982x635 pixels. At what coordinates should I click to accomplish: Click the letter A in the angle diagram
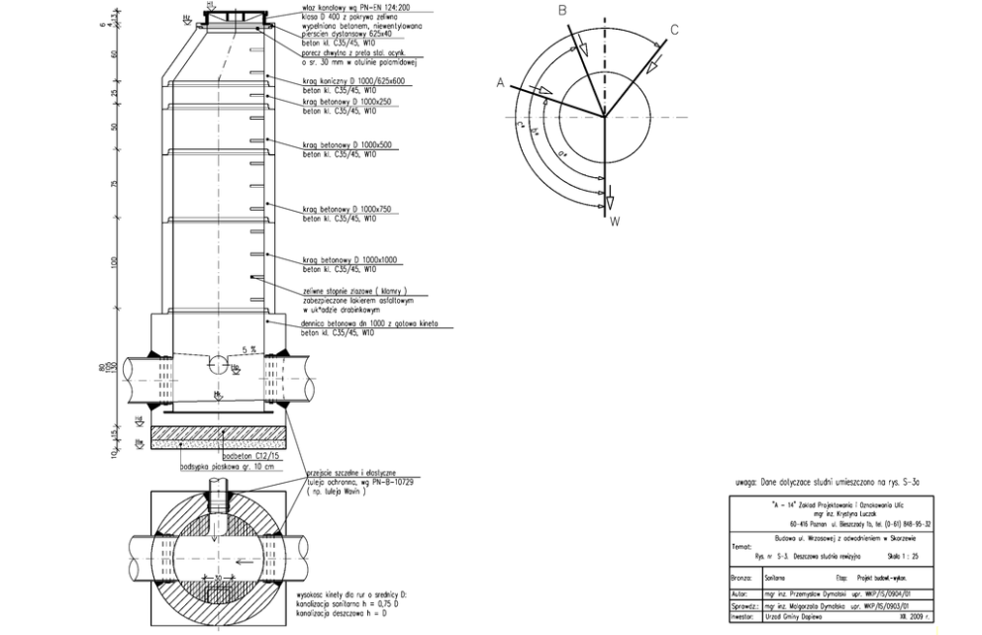point(501,84)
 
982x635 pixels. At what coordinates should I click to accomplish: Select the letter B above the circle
point(561,11)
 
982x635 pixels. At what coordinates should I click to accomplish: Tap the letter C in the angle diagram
point(674,30)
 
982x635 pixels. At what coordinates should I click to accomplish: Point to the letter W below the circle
point(615,222)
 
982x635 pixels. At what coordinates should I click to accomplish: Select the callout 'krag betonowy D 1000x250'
point(349,102)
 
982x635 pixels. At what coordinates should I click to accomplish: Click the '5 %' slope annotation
point(249,349)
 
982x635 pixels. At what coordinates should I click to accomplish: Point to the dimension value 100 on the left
point(117,262)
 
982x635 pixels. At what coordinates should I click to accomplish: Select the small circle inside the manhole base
point(215,363)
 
